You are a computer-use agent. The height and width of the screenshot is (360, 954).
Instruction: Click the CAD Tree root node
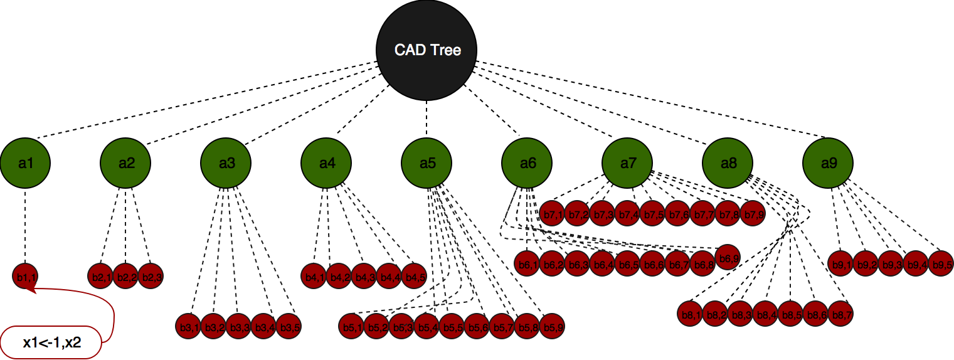pos(427,50)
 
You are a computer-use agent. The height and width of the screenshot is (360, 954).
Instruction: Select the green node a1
pos(25,163)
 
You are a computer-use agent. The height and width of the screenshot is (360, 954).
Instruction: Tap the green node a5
pos(427,163)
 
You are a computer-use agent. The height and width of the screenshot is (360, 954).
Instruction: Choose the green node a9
pos(828,163)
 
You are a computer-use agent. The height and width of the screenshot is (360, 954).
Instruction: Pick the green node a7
pos(627,163)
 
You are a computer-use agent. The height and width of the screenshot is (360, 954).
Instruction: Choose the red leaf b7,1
pos(553,214)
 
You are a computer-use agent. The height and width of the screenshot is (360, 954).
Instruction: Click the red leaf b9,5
pos(941,264)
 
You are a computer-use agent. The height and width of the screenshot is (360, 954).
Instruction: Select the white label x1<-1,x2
pos(51,342)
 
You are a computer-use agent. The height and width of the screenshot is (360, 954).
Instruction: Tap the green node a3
pos(226,163)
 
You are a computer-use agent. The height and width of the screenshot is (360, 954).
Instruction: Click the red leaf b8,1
pos(691,314)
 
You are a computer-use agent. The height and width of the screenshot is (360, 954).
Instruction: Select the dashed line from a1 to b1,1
pos(25,226)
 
